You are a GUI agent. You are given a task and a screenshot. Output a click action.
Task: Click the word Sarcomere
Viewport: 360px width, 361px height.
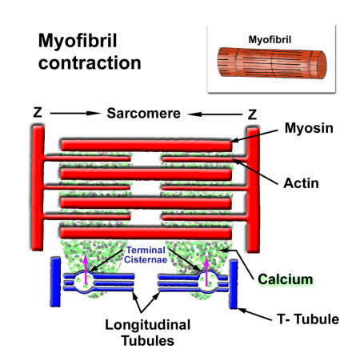(x=143, y=114)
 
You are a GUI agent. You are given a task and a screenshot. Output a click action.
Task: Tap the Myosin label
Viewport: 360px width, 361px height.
(x=309, y=128)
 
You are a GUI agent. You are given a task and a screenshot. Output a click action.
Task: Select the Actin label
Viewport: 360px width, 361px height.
(x=301, y=183)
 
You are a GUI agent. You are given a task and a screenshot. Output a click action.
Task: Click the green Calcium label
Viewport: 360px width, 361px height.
(x=286, y=279)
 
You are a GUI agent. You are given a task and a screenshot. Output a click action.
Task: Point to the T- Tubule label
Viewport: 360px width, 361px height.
(x=308, y=319)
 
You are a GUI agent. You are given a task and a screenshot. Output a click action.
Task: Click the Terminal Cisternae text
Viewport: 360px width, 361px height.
(x=146, y=255)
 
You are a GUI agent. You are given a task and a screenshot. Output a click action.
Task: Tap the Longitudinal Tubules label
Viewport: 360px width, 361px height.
(x=148, y=333)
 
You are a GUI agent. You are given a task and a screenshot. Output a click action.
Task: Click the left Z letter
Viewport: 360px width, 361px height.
(x=38, y=112)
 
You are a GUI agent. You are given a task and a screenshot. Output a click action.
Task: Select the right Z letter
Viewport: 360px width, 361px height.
(x=252, y=114)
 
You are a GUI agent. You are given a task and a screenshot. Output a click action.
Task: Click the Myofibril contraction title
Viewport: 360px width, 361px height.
(x=90, y=52)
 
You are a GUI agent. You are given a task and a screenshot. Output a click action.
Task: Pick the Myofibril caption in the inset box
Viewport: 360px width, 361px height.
(x=270, y=40)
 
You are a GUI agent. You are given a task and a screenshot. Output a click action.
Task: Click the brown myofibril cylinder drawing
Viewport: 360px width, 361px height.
(x=272, y=63)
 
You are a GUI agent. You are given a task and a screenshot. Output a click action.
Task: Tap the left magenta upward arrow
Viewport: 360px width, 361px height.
(x=86, y=270)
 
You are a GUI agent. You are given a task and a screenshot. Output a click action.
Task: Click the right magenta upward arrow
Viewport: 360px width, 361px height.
(x=206, y=271)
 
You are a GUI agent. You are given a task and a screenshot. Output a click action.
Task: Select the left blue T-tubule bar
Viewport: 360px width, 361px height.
(x=55, y=282)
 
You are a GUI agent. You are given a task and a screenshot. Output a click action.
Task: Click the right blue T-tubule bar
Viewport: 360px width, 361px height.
(x=234, y=284)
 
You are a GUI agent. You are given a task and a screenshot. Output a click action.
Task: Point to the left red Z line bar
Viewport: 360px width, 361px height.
(x=38, y=188)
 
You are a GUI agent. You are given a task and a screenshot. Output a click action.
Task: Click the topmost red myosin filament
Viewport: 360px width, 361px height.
(x=146, y=146)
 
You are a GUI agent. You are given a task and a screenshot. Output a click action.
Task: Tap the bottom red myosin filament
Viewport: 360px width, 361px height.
(x=146, y=233)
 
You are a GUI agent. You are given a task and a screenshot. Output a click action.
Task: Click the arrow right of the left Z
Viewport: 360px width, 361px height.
(x=75, y=113)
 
